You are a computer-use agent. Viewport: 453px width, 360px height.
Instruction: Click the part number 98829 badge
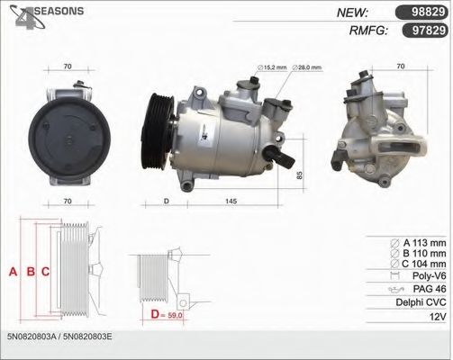click(x=421, y=13)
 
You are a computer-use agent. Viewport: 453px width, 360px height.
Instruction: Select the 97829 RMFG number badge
click(x=425, y=31)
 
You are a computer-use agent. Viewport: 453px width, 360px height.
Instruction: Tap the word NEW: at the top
click(x=352, y=13)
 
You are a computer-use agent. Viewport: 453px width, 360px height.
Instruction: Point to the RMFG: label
click(x=369, y=31)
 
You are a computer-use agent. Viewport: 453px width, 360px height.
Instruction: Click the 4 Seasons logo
click(x=47, y=16)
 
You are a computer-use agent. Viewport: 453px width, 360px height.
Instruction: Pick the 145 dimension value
click(x=231, y=201)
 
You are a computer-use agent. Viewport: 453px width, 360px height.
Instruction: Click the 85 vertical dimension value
click(x=299, y=175)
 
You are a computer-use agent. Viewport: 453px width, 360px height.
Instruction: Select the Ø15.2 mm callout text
click(x=272, y=67)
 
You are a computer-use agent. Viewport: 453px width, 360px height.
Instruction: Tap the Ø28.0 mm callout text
click(x=307, y=67)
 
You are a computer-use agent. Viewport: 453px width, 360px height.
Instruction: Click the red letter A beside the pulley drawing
click(x=13, y=272)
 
